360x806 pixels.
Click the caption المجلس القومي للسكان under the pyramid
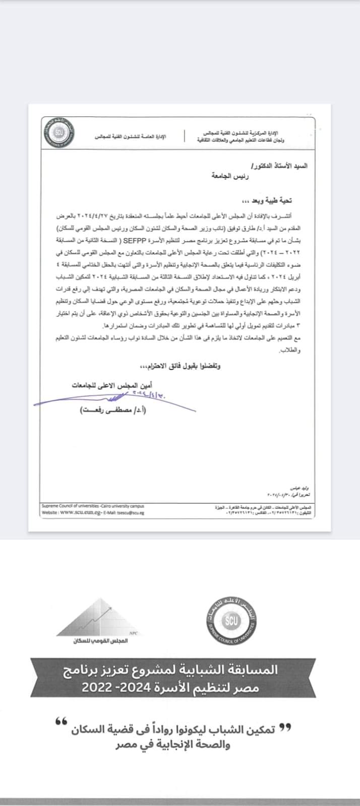point(108,641)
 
